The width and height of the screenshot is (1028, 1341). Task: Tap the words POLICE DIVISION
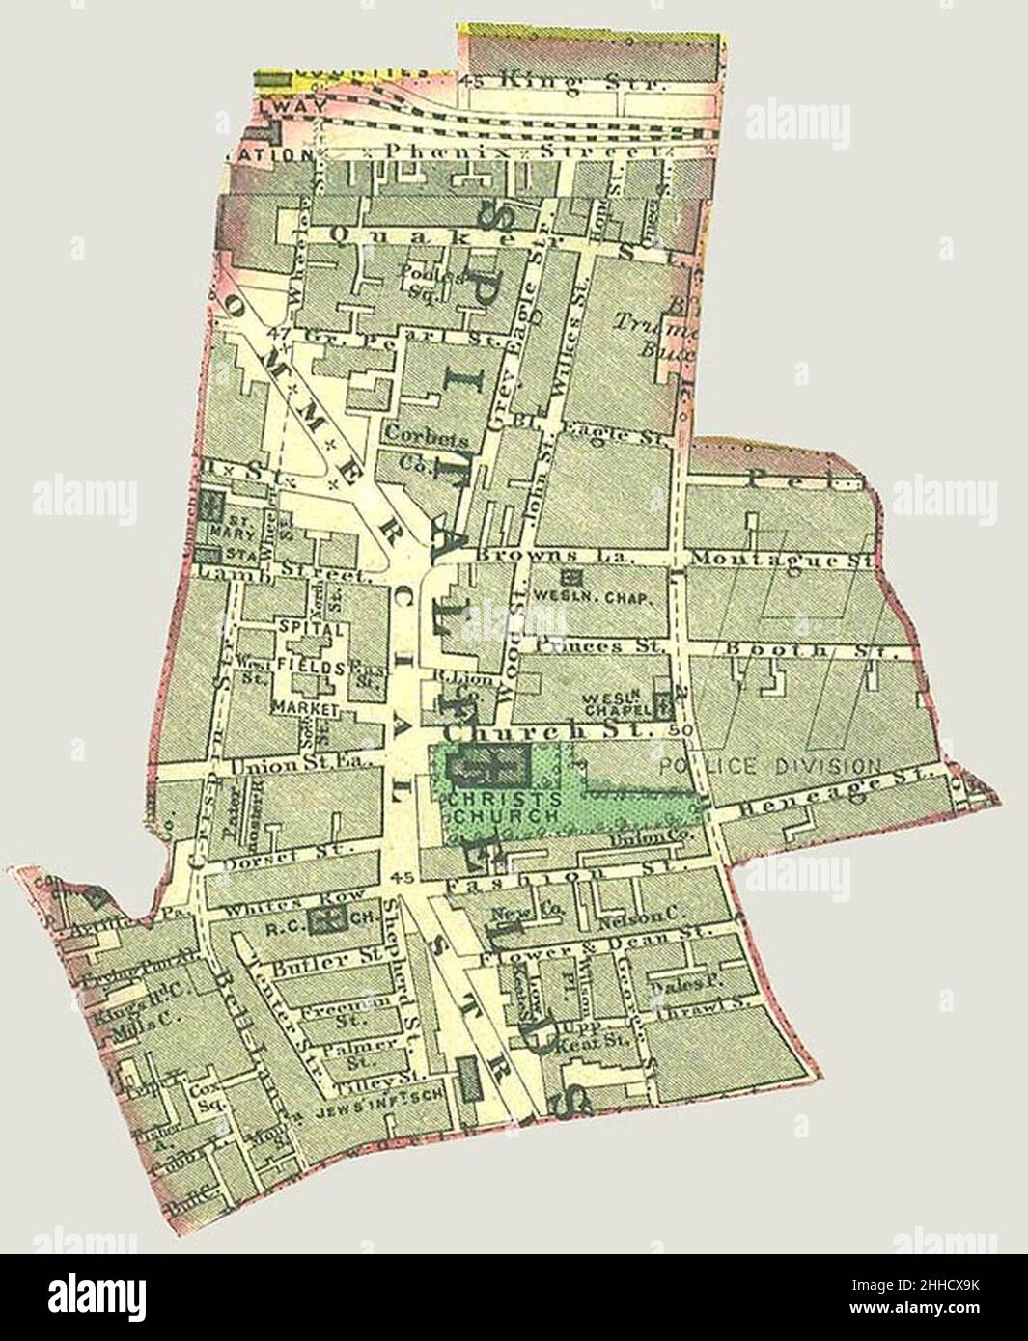(771, 766)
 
